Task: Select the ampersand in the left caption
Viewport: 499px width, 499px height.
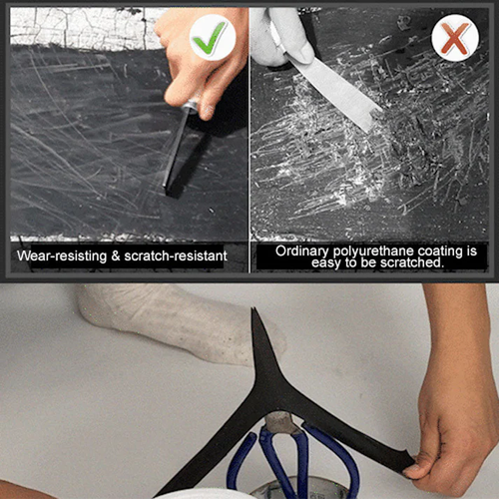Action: tap(114, 256)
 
